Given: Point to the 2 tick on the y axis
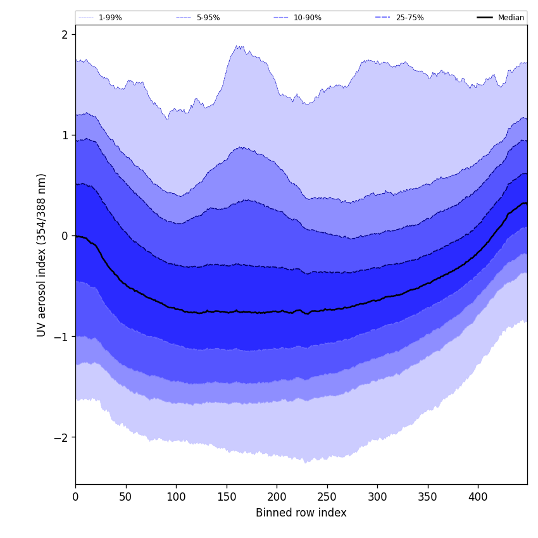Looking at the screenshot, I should (65, 34).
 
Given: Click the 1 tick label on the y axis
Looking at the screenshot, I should (65, 135).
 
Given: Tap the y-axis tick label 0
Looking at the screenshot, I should (65, 235).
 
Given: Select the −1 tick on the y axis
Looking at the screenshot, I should (61, 337).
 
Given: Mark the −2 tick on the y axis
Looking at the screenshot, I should (61, 437).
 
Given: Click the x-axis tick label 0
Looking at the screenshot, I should (75, 497).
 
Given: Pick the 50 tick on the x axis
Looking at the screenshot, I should (126, 497).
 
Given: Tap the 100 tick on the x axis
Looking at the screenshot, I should (176, 497).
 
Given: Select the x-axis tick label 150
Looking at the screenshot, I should (227, 497).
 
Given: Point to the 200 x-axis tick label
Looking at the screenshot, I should (277, 497).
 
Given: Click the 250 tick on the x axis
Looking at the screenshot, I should (327, 497).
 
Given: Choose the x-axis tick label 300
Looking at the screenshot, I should (377, 497).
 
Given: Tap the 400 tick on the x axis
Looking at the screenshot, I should (478, 497).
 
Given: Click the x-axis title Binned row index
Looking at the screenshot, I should (301, 513).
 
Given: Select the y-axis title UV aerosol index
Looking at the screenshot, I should (42, 254).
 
